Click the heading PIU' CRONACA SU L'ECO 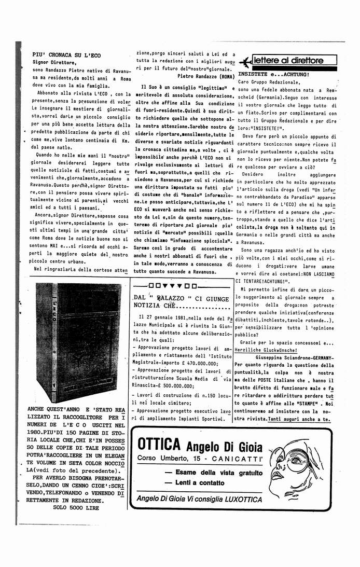click(x=66, y=54)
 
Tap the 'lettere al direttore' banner click(x=288, y=60)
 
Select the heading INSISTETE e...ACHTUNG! click(x=273, y=74)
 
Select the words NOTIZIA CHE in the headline click(x=154, y=307)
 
